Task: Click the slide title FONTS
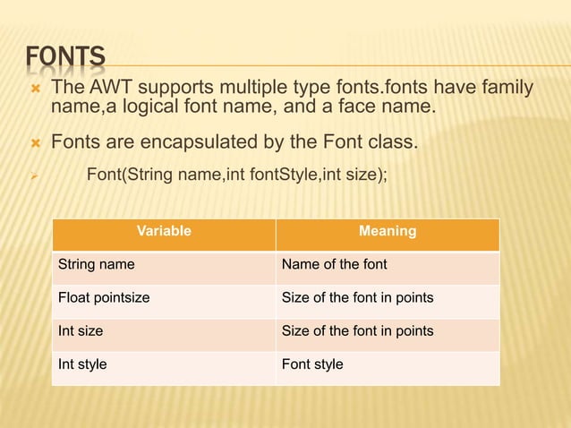click(65, 58)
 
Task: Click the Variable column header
click(164, 231)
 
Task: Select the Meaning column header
click(387, 231)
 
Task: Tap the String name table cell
click(96, 264)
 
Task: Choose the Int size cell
click(81, 330)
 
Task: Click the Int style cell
click(82, 364)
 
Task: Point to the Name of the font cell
click(334, 264)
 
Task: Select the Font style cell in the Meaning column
click(312, 364)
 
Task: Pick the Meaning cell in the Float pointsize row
click(357, 297)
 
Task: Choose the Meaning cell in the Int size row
click(357, 330)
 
